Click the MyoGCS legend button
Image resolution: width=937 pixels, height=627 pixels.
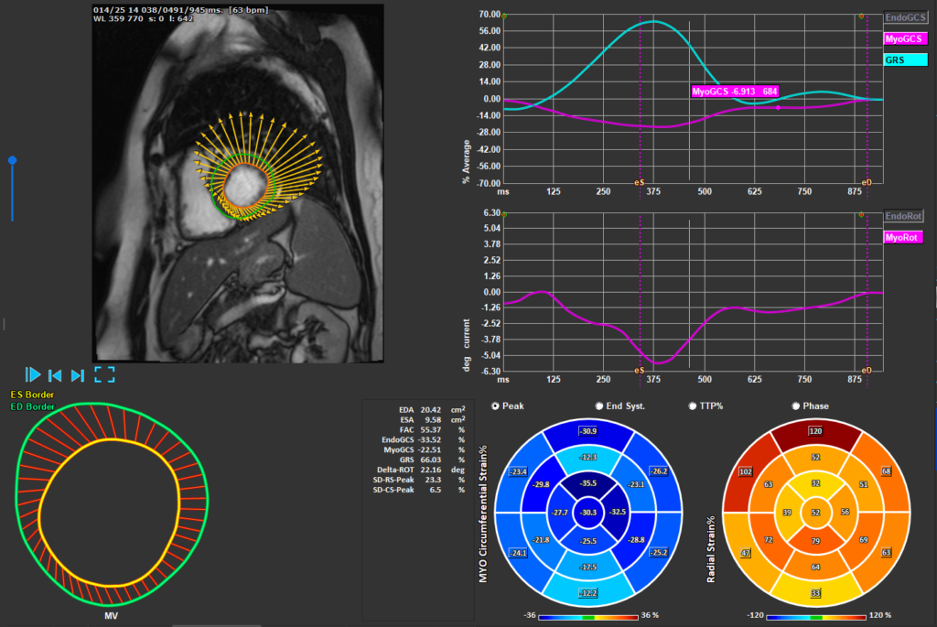tap(904, 38)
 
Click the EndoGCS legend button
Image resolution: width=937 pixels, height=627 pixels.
tap(904, 17)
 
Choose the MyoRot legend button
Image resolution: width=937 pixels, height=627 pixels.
tap(903, 237)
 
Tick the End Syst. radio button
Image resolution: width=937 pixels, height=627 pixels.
tap(600, 405)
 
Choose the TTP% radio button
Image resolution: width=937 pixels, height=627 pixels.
tap(693, 405)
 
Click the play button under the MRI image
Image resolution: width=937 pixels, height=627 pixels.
tap(33, 374)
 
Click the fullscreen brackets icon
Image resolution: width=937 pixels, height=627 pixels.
tap(104, 374)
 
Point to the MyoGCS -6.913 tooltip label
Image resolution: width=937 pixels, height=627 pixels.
tap(735, 92)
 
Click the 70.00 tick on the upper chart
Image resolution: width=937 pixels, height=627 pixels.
tap(489, 15)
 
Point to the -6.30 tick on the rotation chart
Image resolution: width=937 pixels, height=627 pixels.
tap(489, 371)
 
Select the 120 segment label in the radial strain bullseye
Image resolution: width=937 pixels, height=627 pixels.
tap(813, 429)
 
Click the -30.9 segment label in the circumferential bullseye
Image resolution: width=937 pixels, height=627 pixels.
tap(587, 431)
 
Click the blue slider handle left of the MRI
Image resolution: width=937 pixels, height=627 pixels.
tap(12, 160)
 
